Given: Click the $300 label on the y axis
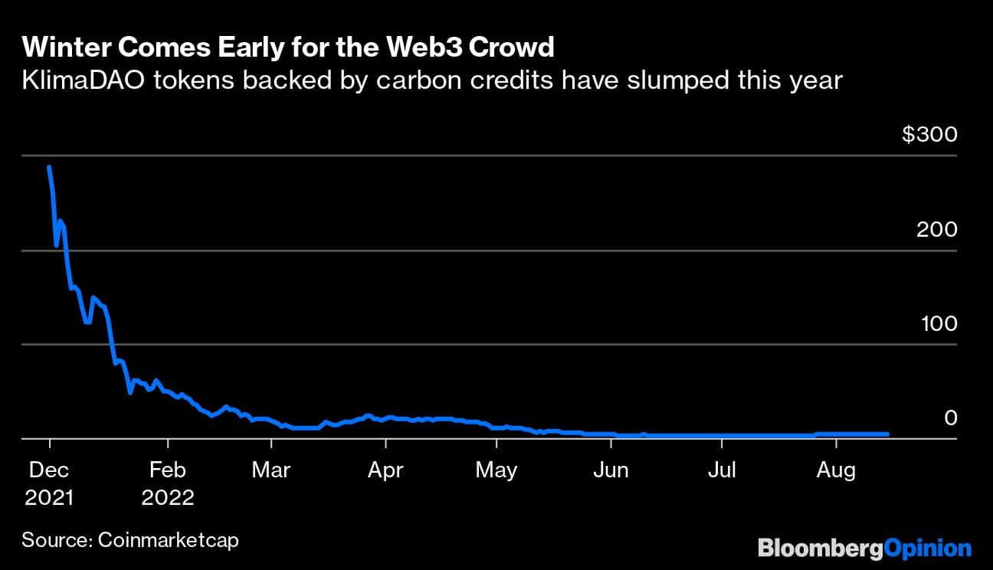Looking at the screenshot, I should coord(929,136).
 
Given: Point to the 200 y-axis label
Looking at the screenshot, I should coord(936,230).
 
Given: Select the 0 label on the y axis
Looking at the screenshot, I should coord(950,418).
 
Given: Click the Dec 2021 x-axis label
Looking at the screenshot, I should coord(49,483).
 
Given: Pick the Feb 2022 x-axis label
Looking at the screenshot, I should coord(168,483).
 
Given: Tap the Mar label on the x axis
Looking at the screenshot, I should coord(271,470).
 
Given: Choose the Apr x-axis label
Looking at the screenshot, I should coord(385,470).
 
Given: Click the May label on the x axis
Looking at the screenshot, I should coord(496,470).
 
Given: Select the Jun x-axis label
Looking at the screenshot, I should coord(611,470).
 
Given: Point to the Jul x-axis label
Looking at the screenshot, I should coord(722,470).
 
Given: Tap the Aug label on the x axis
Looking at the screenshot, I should coord(836,470).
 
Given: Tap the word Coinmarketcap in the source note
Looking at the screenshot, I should coord(169,540).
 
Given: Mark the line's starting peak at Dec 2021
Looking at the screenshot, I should coord(49,166).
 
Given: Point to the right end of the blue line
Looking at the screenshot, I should coord(887,434).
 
